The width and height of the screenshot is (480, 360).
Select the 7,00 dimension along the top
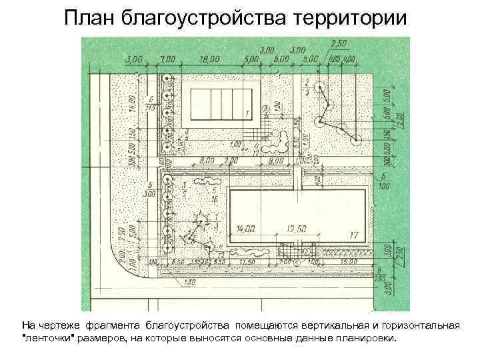[x=167, y=59]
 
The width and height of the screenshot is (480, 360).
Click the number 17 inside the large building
[x=353, y=235]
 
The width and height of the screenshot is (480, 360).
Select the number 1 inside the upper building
[x=247, y=113]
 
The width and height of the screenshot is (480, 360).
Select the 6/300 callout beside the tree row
[x=150, y=189]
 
